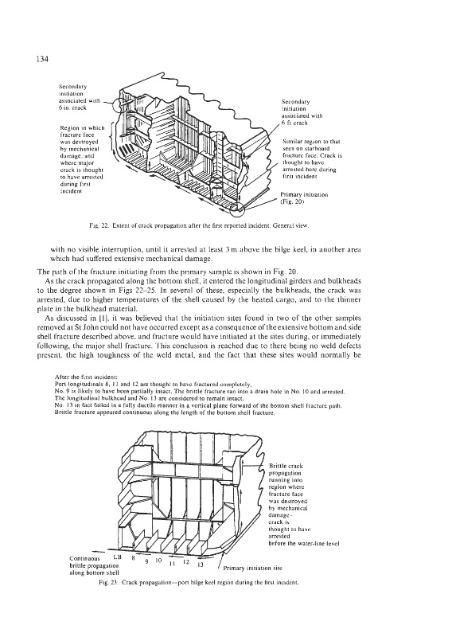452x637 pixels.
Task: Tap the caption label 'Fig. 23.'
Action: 108,582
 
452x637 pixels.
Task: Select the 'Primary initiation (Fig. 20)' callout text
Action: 304,197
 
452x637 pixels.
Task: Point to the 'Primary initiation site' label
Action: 252,568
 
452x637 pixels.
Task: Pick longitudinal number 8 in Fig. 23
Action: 133,558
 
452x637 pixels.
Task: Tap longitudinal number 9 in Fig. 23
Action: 146,562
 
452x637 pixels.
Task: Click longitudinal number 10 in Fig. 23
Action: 159,560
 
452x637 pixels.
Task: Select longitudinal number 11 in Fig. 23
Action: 172,564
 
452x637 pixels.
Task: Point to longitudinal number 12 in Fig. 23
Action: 186,562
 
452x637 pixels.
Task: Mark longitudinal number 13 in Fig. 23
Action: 200,565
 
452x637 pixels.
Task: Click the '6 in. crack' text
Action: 72,107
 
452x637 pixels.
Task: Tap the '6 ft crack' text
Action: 294,123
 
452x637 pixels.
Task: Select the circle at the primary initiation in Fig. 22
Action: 237,207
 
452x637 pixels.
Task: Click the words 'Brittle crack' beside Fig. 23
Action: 286,466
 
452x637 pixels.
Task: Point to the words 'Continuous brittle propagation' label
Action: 94,562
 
